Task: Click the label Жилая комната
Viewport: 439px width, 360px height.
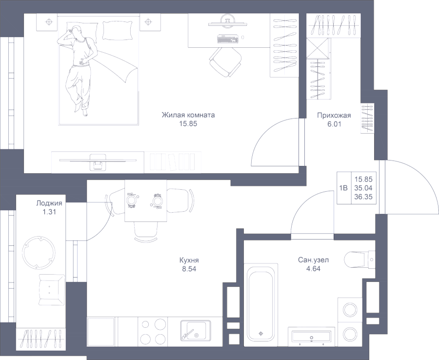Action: [x=188, y=116]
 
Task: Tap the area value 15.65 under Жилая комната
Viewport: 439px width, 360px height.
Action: [x=188, y=124]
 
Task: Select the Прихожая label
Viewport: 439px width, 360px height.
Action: [x=334, y=116]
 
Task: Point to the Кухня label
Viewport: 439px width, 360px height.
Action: [x=189, y=260]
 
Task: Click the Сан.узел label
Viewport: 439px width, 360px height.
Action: [x=313, y=260]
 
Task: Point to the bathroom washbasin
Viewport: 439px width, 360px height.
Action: [x=310, y=337]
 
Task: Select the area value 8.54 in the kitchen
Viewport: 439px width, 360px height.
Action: [x=189, y=268]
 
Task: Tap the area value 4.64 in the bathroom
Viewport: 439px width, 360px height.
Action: [x=313, y=268]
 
